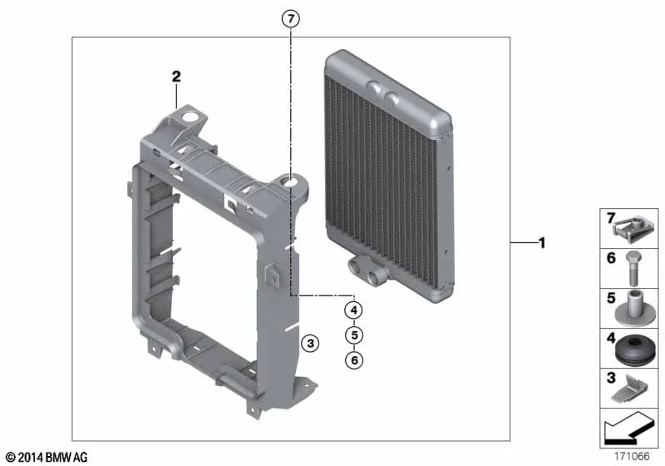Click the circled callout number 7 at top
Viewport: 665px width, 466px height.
point(290,18)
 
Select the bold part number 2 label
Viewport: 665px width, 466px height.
point(176,77)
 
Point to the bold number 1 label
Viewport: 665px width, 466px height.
point(542,243)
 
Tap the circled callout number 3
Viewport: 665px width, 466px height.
point(310,343)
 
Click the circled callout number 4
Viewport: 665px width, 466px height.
point(354,310)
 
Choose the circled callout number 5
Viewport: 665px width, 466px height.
point(354,335)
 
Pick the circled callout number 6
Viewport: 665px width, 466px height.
point(354,360)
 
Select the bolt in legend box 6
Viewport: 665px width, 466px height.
point(633,268)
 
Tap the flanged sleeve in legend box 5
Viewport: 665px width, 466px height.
point(634,309)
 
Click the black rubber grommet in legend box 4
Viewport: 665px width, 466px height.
point(635,349)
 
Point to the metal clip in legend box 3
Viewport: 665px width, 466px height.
point(630,389)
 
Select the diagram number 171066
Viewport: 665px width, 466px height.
point(632,456)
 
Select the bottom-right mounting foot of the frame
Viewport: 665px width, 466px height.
point(303,387)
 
